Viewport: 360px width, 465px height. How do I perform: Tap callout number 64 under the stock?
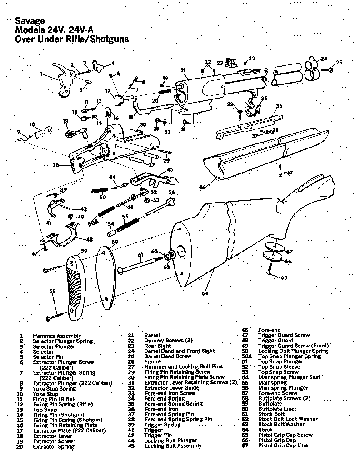pos(205,293)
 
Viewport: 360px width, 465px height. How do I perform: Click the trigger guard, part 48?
pos(68,236)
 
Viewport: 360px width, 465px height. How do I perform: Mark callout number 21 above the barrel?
pos(183,70)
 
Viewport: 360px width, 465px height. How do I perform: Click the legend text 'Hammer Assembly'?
pos(57,336)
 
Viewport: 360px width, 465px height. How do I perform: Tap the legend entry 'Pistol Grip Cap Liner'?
pos(284,445)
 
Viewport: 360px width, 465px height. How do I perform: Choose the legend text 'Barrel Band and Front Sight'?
pos(173,351)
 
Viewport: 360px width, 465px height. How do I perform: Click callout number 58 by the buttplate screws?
pos(53,291)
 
